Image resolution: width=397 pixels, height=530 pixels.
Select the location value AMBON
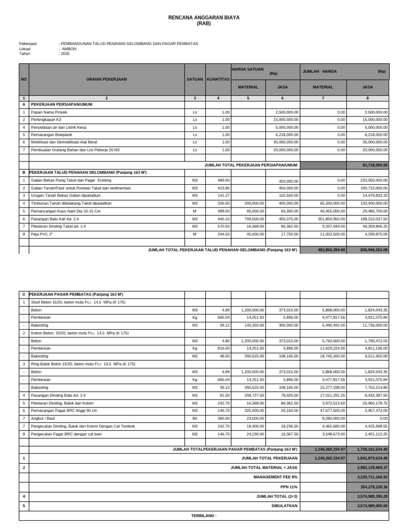click(69, 49)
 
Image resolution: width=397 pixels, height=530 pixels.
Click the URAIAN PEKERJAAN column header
click(106, 79)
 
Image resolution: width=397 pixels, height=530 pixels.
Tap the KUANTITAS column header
click(218, 79)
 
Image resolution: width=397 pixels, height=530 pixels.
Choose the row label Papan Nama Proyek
click(49, 112)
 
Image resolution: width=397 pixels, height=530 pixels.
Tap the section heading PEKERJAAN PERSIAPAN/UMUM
click(62, 104)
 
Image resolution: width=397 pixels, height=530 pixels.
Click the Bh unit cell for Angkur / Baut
click(195, 418)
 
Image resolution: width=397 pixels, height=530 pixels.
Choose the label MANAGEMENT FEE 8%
click(276, 476)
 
